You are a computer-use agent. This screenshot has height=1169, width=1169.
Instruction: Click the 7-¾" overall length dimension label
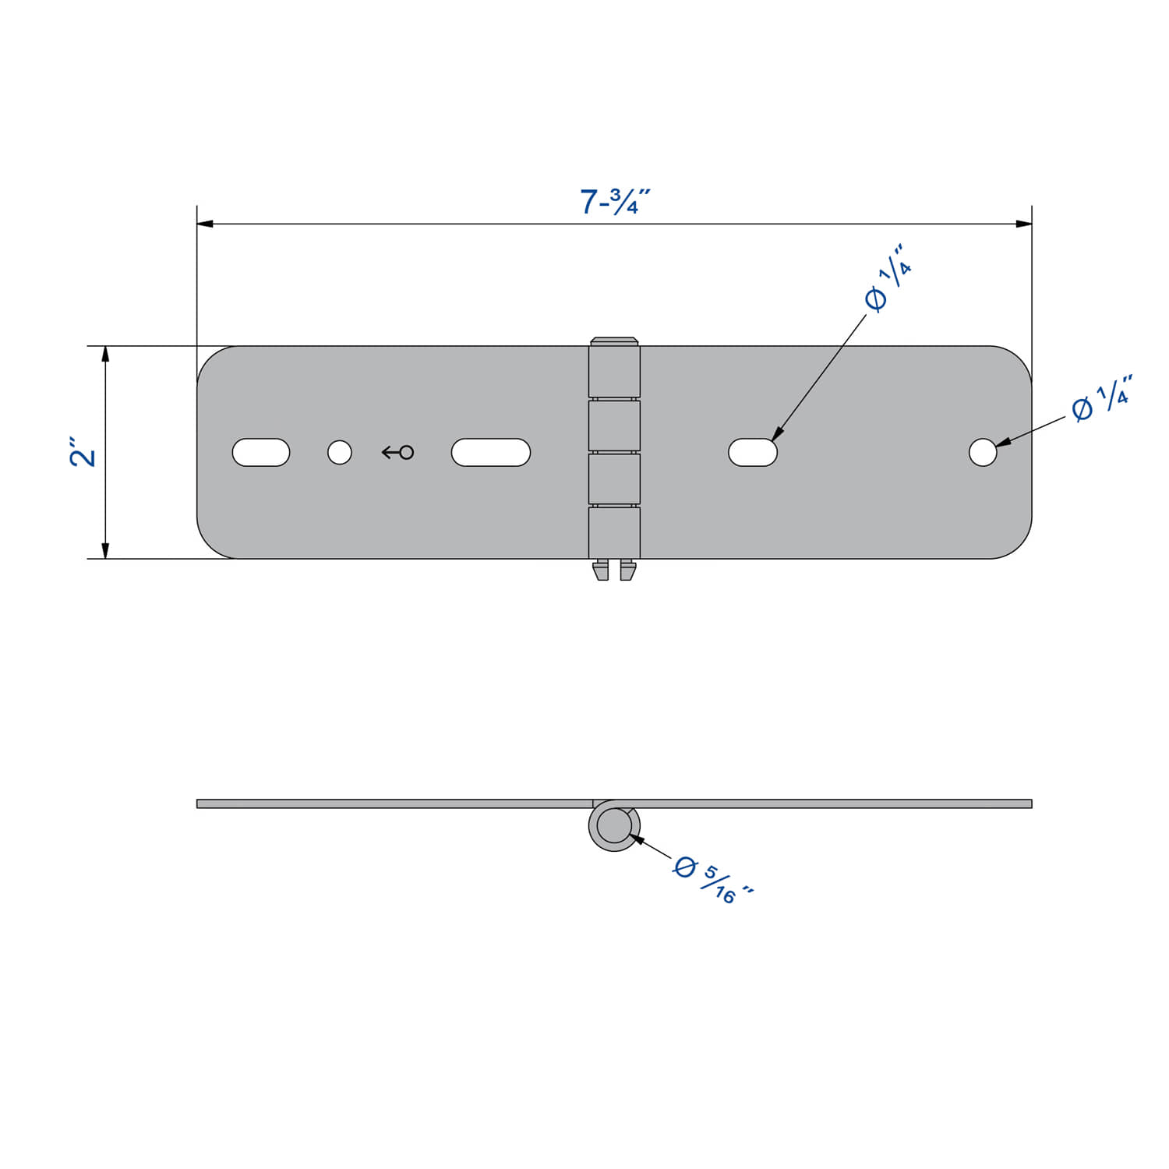point(614,201)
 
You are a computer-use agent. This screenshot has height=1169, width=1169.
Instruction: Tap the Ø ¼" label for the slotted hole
point(888,277)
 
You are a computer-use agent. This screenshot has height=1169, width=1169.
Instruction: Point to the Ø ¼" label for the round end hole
point(1101,398)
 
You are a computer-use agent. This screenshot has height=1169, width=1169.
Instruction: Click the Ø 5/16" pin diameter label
point(713,880)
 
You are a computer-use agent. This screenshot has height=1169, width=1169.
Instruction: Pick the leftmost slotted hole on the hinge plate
point(261,452)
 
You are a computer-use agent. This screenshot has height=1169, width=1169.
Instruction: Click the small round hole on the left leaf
point(340,452)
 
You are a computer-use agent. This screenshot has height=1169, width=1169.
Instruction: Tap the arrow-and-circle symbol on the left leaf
point(397,452)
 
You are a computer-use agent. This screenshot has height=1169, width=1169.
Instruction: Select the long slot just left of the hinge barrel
point(491,452)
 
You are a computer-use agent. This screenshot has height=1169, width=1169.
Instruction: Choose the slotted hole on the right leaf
point(753,452)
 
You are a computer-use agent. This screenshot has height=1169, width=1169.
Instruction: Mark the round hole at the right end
point(983,452)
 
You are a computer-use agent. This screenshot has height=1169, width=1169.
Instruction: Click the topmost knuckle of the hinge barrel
point(614,372)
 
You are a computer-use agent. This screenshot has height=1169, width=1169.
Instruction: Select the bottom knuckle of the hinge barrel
point(614,532)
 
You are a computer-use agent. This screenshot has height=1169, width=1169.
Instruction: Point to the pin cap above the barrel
point(614,341)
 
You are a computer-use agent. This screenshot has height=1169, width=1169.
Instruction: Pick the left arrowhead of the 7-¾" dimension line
point(205,224)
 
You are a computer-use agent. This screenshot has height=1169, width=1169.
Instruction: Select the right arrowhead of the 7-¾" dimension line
point(1024,224)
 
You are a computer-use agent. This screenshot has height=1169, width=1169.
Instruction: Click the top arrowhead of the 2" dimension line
point(105,355)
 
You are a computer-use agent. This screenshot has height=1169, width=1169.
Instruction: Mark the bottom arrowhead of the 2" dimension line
point(105,550)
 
